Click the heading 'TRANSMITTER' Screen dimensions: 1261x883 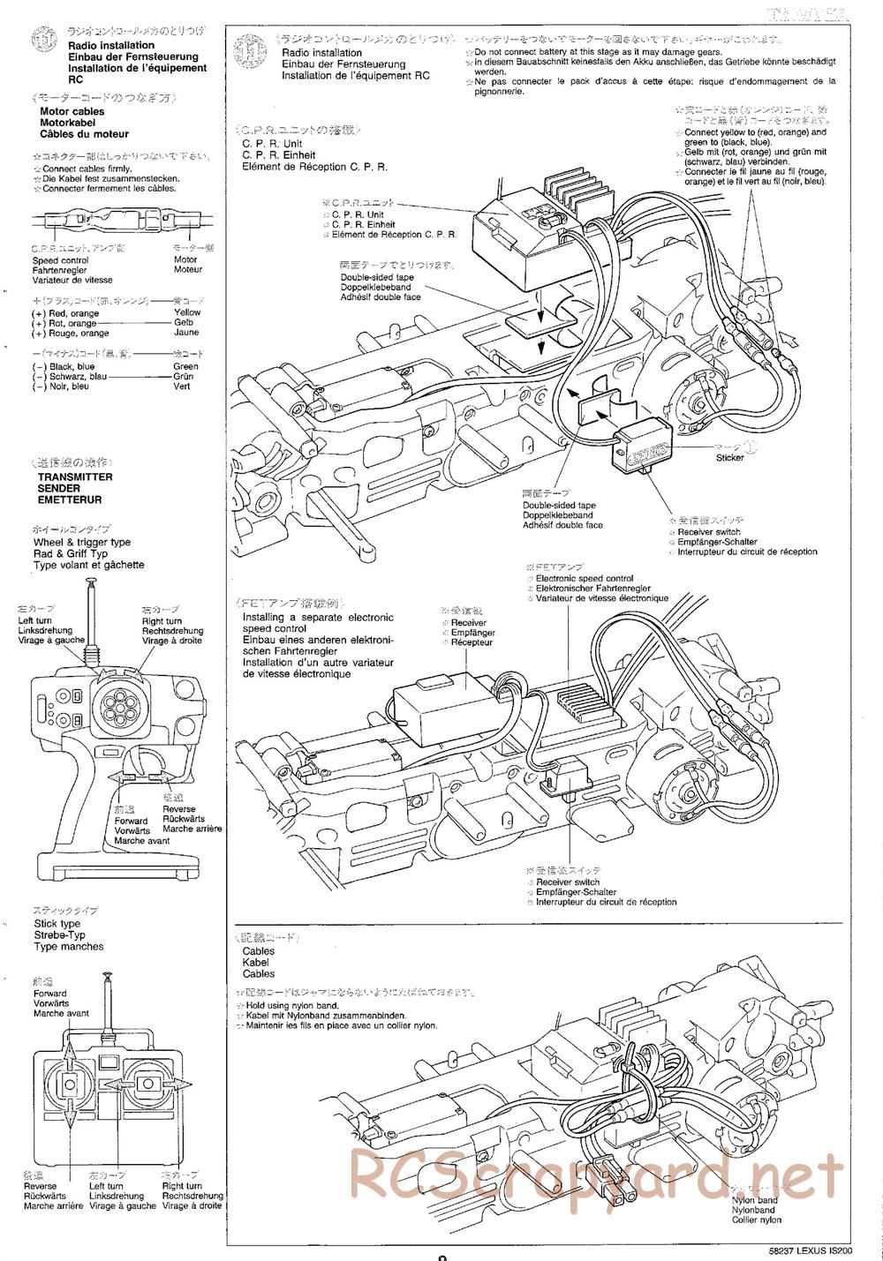75,477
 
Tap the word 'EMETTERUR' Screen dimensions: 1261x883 71,499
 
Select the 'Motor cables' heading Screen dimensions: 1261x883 72,111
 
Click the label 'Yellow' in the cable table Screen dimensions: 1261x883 187,312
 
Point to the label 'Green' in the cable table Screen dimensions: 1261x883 186,366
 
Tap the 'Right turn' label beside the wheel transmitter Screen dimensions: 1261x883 162,620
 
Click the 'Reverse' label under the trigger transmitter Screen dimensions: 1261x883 179,808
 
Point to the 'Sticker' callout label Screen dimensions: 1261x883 729,457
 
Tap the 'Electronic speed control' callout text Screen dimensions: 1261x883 585,579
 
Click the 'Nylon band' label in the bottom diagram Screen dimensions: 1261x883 754,1200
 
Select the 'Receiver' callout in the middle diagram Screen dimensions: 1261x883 467,622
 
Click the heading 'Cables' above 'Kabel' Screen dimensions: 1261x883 258,951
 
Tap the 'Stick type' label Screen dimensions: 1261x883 57,923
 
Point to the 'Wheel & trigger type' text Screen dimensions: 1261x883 82,542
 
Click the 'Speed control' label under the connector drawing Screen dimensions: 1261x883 60,260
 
